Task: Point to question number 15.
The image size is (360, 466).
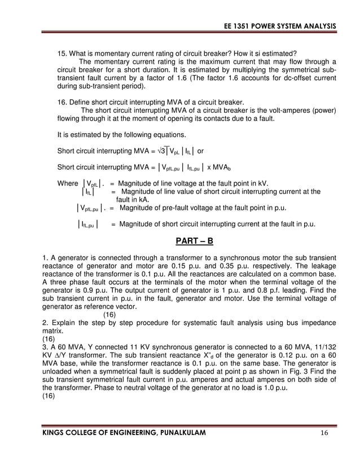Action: click(x=63, y=54)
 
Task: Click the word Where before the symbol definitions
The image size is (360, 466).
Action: click(x=68, y=183)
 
